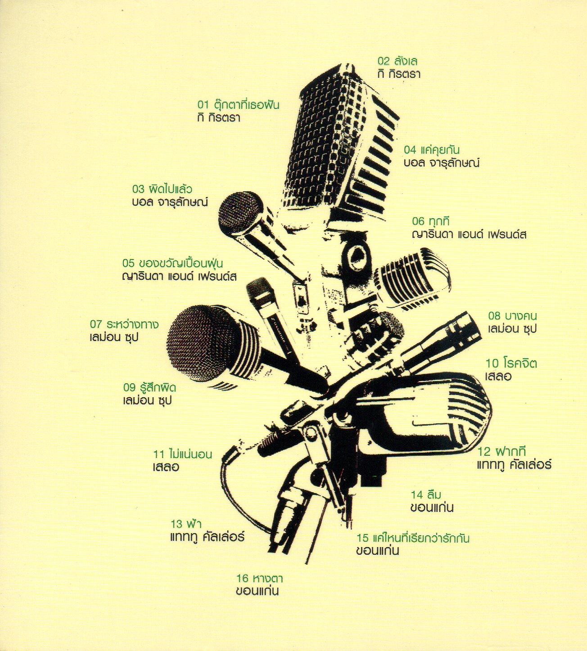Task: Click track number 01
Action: click(x=203, y=105)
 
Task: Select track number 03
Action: click(x=138, y=189)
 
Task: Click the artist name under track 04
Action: click(x=441, y=163)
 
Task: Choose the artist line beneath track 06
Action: click(x=469, y=234)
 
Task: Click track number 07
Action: click(x=96, y=324)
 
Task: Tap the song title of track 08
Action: click(x=521, y=316)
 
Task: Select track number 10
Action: click(x=492, y=363)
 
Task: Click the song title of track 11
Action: click(x=190, y=454)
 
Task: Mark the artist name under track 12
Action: click(x=514, y=465)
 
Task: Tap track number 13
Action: click(x=177, y=524)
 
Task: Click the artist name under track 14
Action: click(x=432, y=508)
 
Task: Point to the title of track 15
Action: click(x=421, y=538)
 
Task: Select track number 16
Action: click(x=243, y=579)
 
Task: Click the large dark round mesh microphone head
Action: click(x=201, y=341)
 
